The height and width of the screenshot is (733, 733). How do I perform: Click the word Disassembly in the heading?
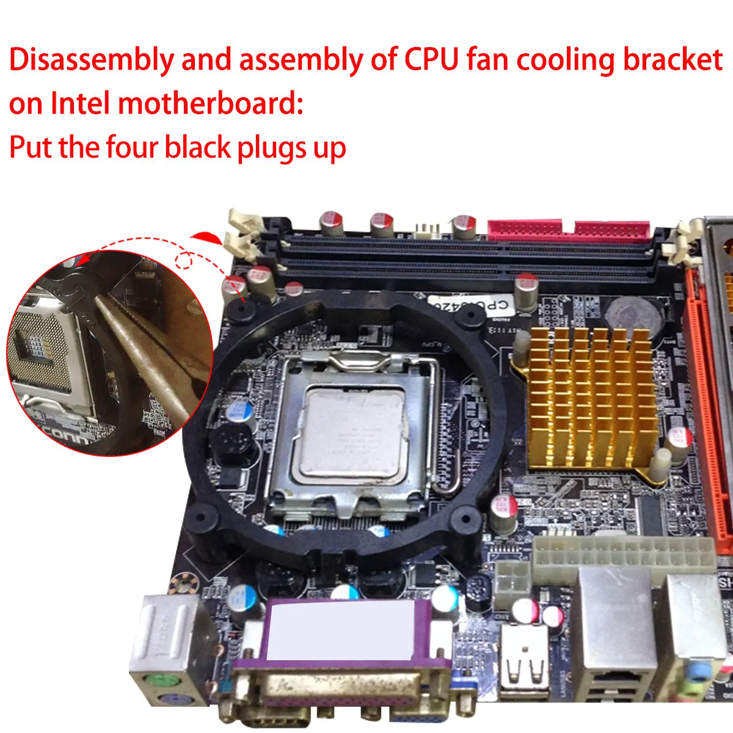90,60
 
